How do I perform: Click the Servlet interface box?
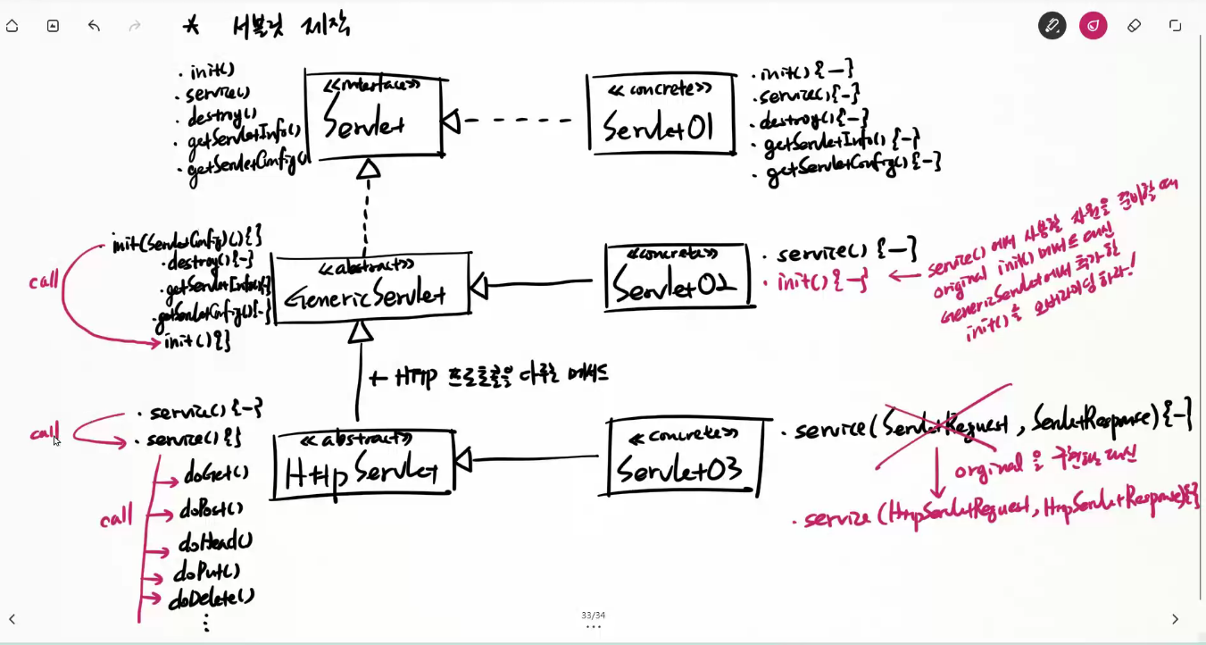[373, 116]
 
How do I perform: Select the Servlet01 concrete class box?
[661, 114]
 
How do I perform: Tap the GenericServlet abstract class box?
[370, 285]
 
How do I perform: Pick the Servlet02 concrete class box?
[678, 276]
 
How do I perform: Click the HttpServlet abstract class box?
[363, 465]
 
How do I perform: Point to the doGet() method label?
[216, 473]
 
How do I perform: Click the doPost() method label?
[212, 510]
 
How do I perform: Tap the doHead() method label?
[215, 541]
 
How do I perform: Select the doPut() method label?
[206, 572]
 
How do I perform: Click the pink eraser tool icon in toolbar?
[1093, 26]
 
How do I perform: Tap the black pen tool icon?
[1052, 26]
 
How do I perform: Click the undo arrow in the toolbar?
[94, 26]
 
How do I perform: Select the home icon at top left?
[12, 26]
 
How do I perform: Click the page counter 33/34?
[593, 616]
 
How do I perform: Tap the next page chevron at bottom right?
[1175, 619]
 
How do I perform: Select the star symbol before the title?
[191, 26]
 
